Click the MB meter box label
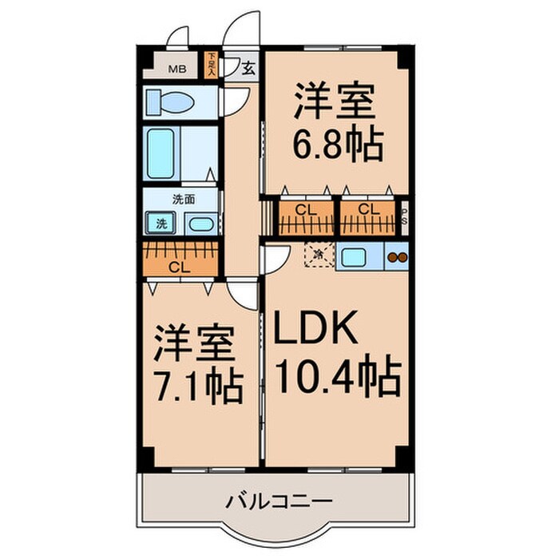pyautogui.click(x=176, y=68)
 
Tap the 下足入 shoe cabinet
pyautogui.click(x=211, y=64)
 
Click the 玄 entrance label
pyautogui.click(x=248, y=69)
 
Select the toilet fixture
pyautogui.click(x=169, y=102)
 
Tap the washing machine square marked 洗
pyautogui.click(x=161, y=224)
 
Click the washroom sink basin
pyautogui.click(x=201, y=224)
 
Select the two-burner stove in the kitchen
pyautogui.click(x=397, y=257)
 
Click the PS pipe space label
pyautogui.click(x=405, y=217)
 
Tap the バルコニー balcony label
pyautogui.click(x=278, y=502)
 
